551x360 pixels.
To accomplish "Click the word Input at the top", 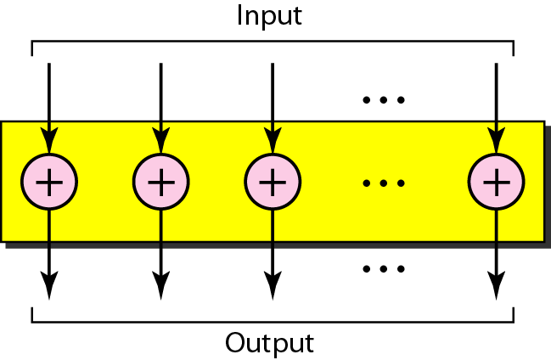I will pos(269,16).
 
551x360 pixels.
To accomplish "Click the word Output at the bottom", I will pos(269,344).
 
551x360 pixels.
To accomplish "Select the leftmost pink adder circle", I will pos(49,182).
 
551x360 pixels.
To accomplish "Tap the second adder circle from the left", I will pos(160,182).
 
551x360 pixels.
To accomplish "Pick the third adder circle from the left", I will pos(272,182).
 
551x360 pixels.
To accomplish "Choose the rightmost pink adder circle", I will pos(496,182).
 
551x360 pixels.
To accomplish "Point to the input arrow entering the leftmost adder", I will pos(49,102).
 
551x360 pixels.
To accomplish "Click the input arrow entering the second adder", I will pos(160,102).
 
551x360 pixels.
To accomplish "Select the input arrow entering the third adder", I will pos(272,102).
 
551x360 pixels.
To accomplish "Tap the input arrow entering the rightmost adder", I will pos(496,102).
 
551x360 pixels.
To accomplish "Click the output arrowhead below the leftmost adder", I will pos(49,286).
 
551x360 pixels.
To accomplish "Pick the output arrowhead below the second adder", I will pos(160,286).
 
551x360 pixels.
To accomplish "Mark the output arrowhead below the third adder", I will pos(272,286).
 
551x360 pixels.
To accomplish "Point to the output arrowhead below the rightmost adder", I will pos(496,286).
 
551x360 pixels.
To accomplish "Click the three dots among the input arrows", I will pos(384,100).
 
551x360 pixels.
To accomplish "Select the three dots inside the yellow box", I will pos(384,183).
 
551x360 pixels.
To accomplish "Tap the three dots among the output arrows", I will pos(384,269).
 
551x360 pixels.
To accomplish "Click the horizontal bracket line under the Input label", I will pos(272,41).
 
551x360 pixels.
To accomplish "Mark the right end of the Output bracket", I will pos(513,316).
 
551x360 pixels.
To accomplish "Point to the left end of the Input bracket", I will pos(32,48).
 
